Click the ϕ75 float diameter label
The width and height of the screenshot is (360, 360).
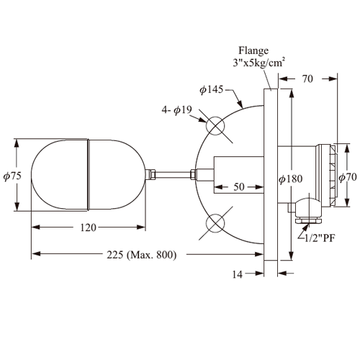tap(12, 176)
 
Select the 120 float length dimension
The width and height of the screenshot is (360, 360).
tap(89, 228)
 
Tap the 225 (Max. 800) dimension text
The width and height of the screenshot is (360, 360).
tap(142, 255)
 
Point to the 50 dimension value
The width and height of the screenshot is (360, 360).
tap(239, 186)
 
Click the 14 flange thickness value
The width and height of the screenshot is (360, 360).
tap(238, 274)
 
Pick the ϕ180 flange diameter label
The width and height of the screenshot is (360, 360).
tap(290, 179)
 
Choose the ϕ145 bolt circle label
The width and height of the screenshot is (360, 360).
tap(212, 90)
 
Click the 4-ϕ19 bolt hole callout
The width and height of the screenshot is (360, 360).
tap(177, 110)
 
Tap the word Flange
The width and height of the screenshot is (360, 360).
tap(253, 51)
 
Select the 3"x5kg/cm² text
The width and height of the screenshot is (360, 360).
tap(259, 63)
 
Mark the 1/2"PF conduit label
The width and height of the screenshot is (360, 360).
tap(320, 238)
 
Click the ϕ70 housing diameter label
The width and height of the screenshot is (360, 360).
tap(348, 178)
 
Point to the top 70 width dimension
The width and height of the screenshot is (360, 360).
tap(307, 78)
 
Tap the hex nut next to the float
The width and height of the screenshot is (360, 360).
tap(152, 174)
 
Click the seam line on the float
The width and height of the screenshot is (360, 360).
tap(89, 174)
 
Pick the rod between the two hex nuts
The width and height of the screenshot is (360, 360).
tap(173, 174)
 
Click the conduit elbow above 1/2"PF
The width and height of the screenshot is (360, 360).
tap(308, 208)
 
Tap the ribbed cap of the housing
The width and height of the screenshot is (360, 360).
tap(333, 175)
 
